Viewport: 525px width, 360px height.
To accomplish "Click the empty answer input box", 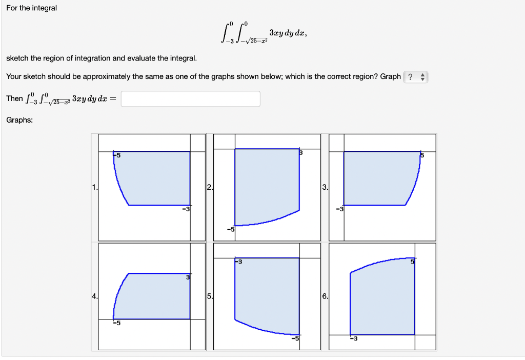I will click(x=191, y=99).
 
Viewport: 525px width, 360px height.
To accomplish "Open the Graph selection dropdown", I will click(x=415, y=77).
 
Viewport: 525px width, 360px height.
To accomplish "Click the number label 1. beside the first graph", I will click(x=94, y=187).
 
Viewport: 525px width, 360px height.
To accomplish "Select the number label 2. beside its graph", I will click(x=209, y=187).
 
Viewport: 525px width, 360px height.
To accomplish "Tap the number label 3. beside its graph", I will click(x=325, y=187).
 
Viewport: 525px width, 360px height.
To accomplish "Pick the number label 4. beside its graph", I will click(x=94, y=296).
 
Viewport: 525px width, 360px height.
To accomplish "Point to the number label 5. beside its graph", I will click(x=209, y=296).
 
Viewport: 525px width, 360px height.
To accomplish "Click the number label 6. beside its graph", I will click(x=325, y=296).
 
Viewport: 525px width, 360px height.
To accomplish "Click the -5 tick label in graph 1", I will click(x=117, y=155).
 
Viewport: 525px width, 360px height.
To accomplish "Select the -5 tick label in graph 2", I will click(x=231, y=229).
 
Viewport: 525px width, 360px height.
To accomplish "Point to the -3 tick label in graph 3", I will click(x=339, y=209).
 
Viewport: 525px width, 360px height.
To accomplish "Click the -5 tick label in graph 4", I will click(x=117, y=323).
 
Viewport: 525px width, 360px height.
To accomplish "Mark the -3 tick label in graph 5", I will click(x=238, y=263).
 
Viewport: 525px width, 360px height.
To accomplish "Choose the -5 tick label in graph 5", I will click(x=295, y=338).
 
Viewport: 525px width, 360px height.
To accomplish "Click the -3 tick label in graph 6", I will click(x=353, y=338).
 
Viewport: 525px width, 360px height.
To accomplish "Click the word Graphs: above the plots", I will click(x=19, y=120).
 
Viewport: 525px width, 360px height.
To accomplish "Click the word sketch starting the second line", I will click(x=17, y=58).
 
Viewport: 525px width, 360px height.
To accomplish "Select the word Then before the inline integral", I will click(x=14, y=98).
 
